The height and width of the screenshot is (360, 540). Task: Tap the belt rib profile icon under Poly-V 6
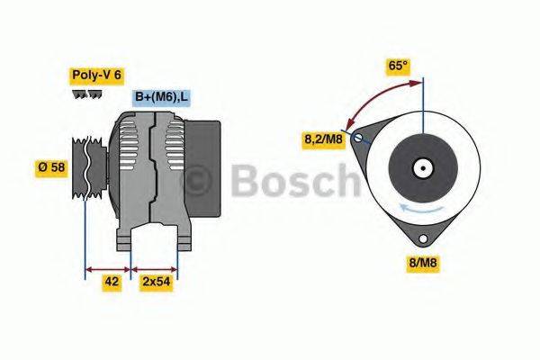pyautogui.click(x=86, y=94)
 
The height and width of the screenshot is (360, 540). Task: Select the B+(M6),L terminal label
pyautogui.click(x=162, y=97)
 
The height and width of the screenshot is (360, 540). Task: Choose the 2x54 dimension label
pyautogui.click(x=156, y=282)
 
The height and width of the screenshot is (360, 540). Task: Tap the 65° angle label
pyautogui.click(x=398, y=66)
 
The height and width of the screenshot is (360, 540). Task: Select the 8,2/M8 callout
pyautogui.click(x=322, y=139)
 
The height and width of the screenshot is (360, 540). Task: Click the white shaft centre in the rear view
pyautogui.click(x=421, y=167)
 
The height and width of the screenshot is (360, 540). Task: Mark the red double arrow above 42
pyautogui.click(x=107, y=267)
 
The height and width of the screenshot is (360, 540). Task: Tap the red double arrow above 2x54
pyautogui.click(x=155, y=267)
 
